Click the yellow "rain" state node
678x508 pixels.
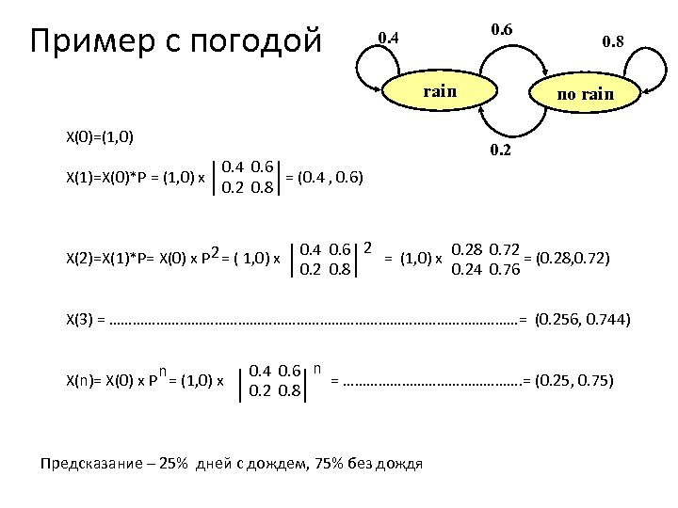click(x=439, y=91)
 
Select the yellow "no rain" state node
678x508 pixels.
click(x=585, y=95)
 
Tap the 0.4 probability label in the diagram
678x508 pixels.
click(x=388, y=39)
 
